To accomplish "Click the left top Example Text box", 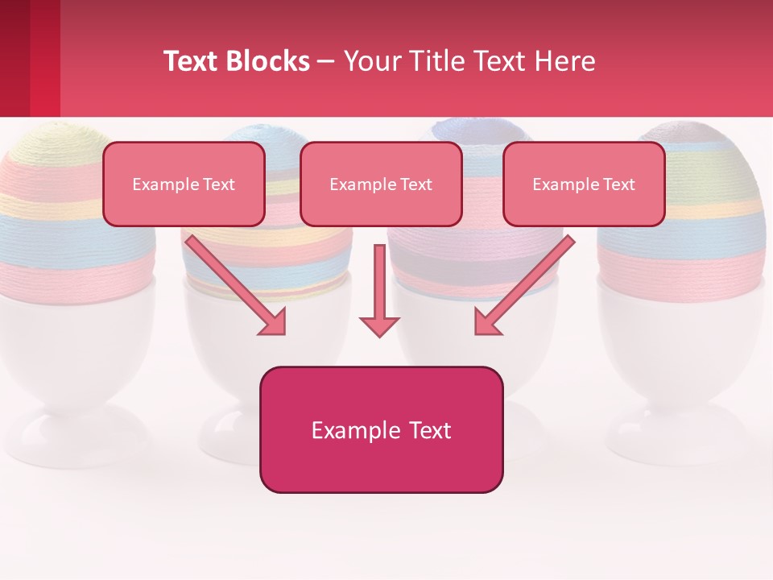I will click(x=184, y=184).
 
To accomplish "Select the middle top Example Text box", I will click(x=381, y=184).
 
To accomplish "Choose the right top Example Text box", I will click(x=584, y=184).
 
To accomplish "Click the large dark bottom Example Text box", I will click(x=381, y=430).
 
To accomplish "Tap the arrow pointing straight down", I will click(x=379, y=290).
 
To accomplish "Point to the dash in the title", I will click(x=326, y=62).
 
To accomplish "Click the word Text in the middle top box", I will click(x=415, y=184).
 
